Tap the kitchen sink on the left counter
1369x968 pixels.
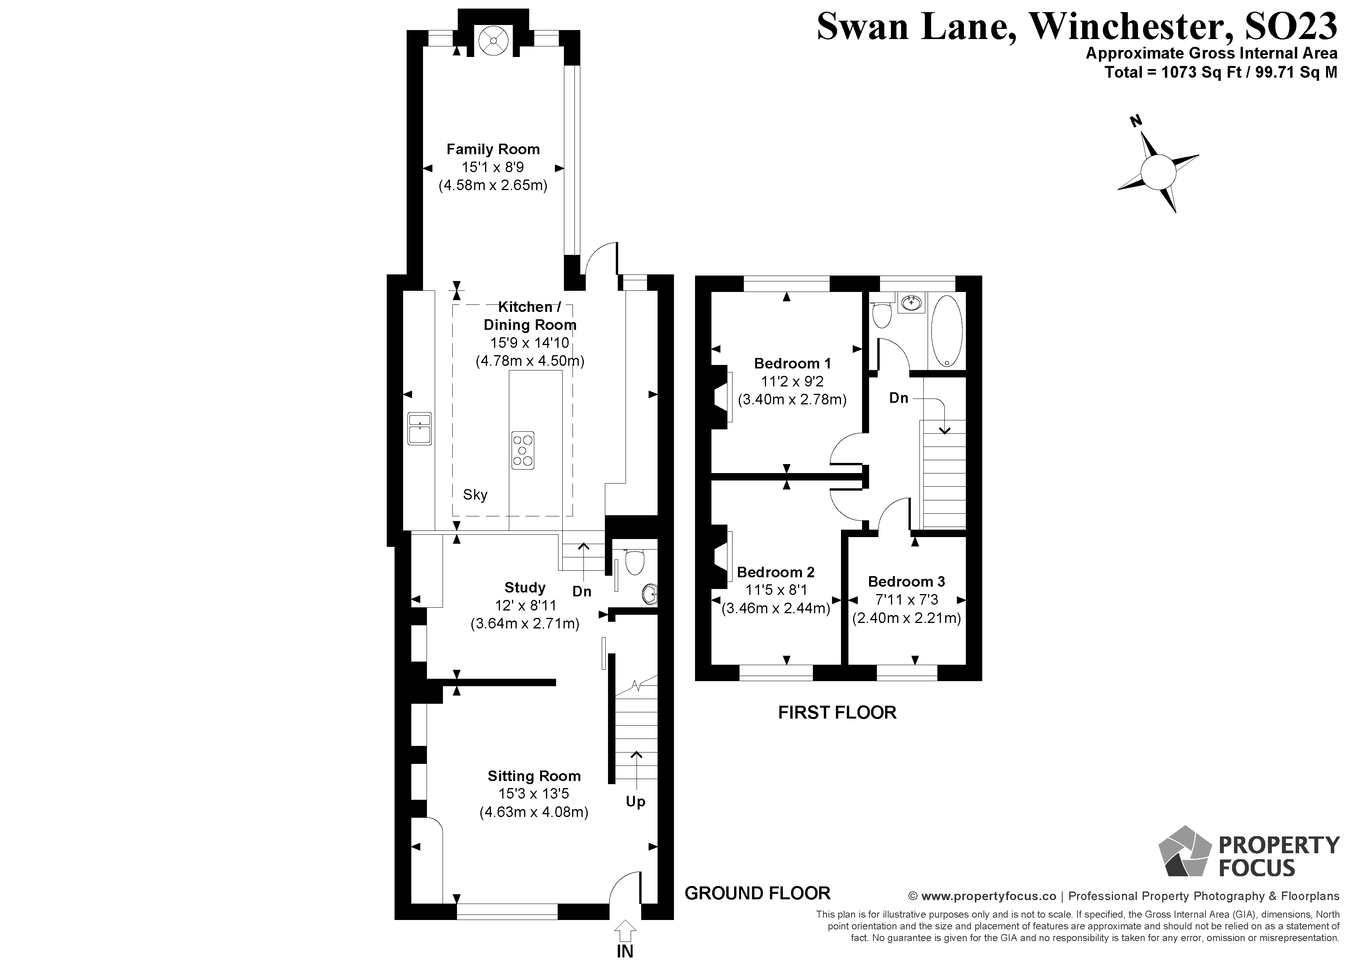[x=419, y=428]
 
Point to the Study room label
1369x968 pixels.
[x=525, y=587]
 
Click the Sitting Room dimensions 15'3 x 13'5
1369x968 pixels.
[x=533, y=794]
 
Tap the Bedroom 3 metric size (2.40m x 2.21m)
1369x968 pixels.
[x=906, y=618]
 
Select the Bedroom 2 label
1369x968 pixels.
[x=775, y=572]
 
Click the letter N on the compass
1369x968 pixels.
[x=1136, y=122]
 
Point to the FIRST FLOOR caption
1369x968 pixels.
[x=837, y=712]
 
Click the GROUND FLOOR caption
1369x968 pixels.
[x=757, y=893]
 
